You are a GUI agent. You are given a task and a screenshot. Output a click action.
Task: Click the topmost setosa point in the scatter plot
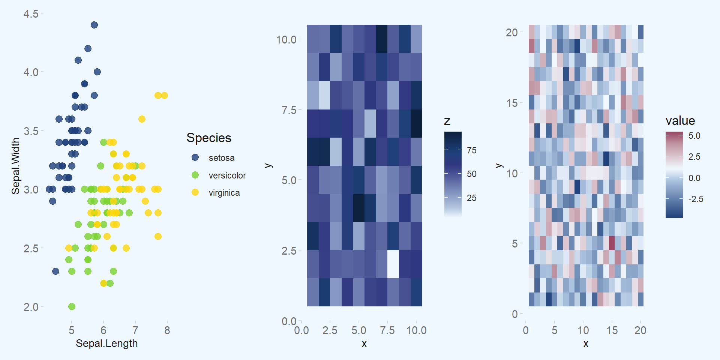94,25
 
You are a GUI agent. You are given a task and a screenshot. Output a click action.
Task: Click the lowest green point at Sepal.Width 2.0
72,306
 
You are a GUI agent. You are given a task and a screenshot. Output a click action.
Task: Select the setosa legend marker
195,157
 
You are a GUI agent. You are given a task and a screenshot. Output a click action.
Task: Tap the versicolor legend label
227,175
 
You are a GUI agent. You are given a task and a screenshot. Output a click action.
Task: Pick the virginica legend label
224,193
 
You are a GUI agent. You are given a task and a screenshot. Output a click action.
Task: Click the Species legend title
209,138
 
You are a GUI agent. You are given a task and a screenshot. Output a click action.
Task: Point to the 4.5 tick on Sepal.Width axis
31,14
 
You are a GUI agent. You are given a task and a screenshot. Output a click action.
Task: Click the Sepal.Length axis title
106,343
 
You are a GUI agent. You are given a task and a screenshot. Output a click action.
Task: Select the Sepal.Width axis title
15,166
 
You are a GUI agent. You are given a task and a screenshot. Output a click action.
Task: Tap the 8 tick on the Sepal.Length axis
167,330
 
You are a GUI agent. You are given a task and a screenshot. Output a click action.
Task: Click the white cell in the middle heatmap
393,264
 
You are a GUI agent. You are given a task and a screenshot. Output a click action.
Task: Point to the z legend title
447,121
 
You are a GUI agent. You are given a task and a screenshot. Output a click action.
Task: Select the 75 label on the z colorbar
471,150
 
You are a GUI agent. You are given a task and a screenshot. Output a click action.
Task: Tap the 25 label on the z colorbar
471,198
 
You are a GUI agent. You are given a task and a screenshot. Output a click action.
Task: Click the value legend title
680,121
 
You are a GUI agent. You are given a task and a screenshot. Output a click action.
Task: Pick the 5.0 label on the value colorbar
694,136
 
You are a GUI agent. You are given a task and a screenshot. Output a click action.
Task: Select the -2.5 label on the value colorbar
696,199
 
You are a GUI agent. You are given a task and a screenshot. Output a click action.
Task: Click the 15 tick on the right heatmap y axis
512,103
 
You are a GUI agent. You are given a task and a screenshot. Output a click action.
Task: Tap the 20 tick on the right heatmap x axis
640,330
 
